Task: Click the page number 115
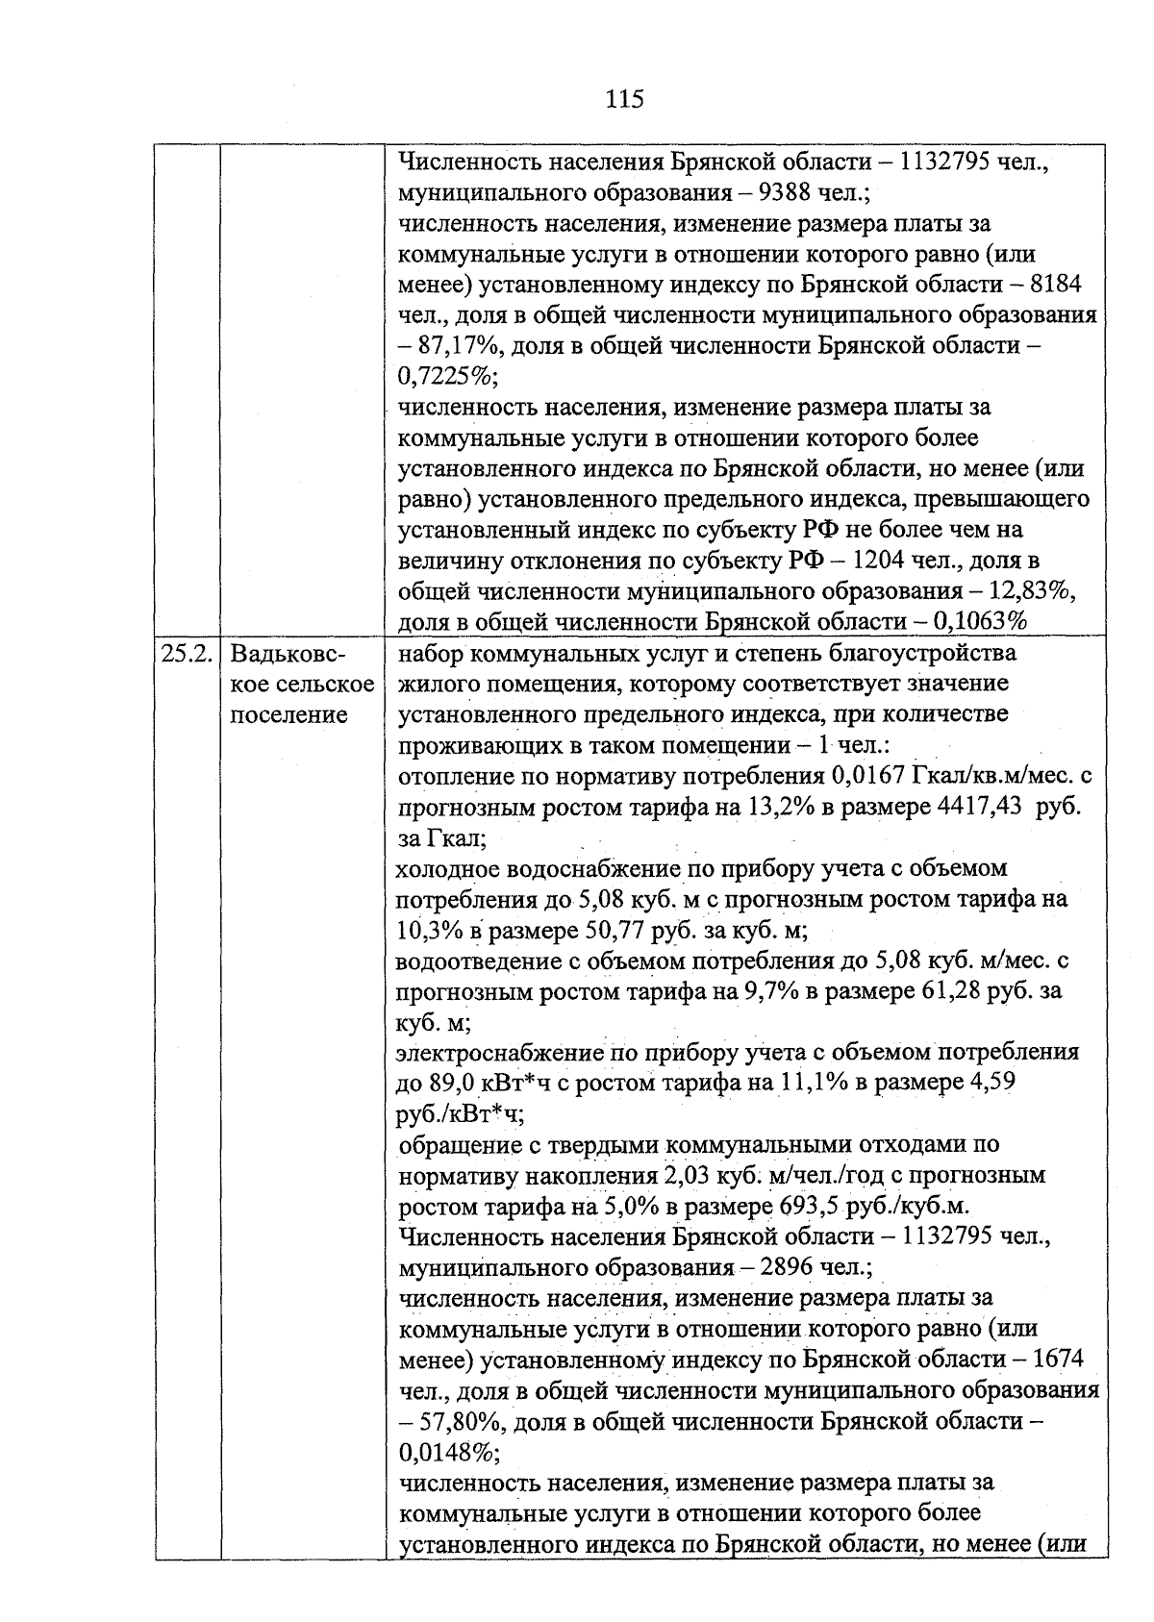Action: click(x=624, y=98)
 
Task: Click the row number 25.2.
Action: click(x=187, y=654)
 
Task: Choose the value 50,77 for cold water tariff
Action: click(x=614, y=931)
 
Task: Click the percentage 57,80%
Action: click(x=457, y=1421)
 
